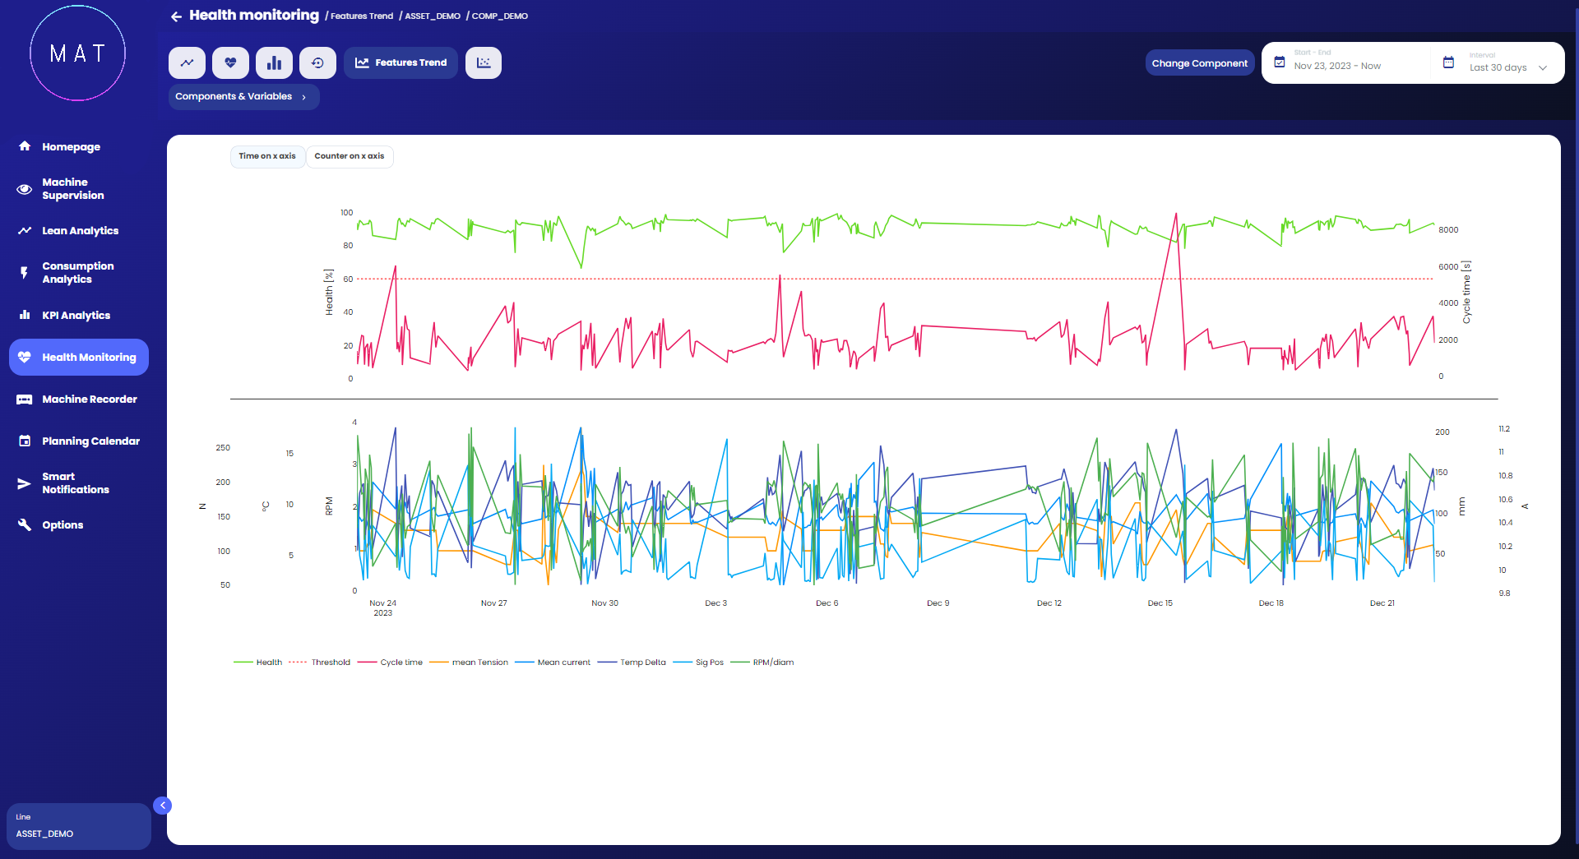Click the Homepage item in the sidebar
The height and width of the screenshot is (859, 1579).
[x=71, y=147]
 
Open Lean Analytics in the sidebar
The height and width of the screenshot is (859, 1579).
[x=80, y=231]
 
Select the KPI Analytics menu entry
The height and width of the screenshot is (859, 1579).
[x=76, y=316]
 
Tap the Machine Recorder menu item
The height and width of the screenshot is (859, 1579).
[x=89, y=399]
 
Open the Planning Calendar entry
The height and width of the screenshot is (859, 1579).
[x=90, y=441]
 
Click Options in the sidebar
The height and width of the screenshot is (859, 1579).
[x=63, y=525]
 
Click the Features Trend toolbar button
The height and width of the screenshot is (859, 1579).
[x=401, y=63]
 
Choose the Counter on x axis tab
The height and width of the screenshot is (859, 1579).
[x=349, y=156]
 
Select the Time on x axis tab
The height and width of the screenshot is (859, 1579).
[x=267, y=156]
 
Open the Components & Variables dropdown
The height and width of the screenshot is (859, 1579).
[x=243, y=97]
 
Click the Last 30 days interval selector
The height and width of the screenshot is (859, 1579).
[x=1507, y=67]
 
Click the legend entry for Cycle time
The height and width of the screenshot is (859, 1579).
[x=401, y=663]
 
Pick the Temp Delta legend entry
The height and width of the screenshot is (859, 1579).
[x=642, y=663]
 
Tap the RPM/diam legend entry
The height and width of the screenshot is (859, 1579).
[x=772, y=663]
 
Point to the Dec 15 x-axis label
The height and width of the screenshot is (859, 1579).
[x=1160, y=603]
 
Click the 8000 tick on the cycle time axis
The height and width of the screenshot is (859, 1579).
[x=1448, y=230]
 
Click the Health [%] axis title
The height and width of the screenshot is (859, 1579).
[x=329, y=292]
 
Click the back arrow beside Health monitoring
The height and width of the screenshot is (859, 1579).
[x=176, y=16]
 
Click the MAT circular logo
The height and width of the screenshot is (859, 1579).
[x=78, y=54]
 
